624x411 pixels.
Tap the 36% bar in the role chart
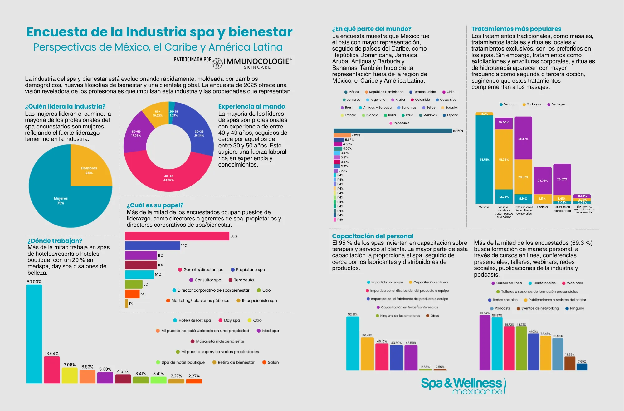point(177,236)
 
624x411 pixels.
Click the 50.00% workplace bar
point(34,334)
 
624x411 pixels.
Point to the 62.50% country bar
point(392,131)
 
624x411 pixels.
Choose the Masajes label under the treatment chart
point(484,207)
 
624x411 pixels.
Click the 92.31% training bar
point(353,343)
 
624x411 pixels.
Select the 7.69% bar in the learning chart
point(582,367)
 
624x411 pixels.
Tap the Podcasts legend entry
point(500,308)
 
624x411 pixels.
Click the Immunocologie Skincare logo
point(252,62)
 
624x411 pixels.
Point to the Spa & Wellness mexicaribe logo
point(463,386)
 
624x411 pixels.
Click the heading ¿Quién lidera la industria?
point(65,106)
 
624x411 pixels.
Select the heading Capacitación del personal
point(373,236)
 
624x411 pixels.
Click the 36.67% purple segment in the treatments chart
point(523,138)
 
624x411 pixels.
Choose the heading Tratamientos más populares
point(516,29)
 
